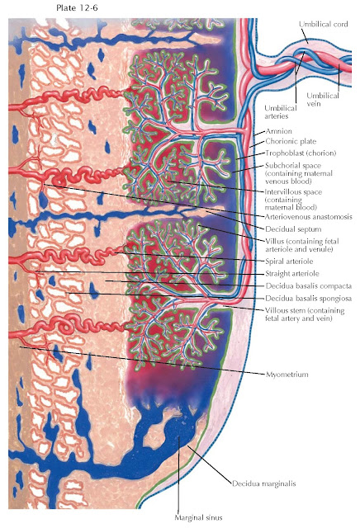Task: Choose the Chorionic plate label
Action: point(290,142)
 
